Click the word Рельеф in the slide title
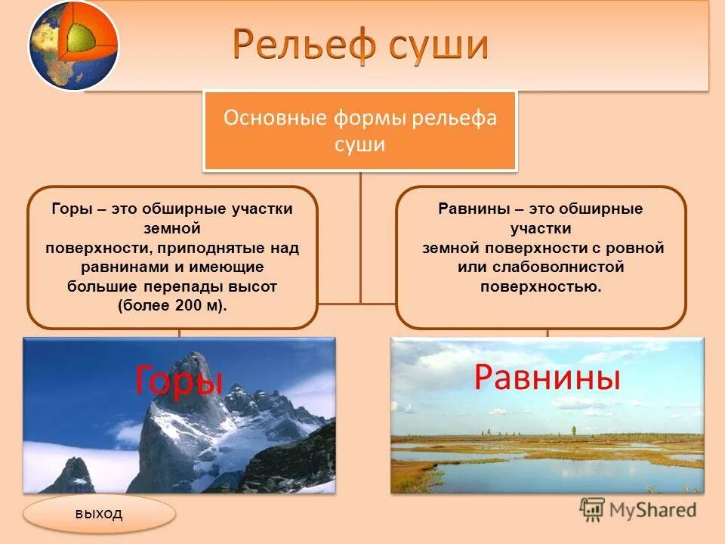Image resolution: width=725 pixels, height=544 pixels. pyautogui.click(x=304, y=44)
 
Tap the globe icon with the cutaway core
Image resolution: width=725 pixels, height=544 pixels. pyautogui.click(x=73, y=45)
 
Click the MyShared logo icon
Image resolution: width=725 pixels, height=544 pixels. pyautogui.click(x=592, y=510)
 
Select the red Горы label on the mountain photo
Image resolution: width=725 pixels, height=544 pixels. pyautogui.click(x=179, y=380)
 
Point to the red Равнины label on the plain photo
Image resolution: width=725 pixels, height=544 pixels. pyautogui.click(x=547, y=376)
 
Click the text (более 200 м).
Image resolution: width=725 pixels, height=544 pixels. pyautogui.click(x=172, y=306)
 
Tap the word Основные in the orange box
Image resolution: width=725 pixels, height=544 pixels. pyautogui.click(x=275, y=118)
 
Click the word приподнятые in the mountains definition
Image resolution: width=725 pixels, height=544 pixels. pyautogui.click(x=211, y=249)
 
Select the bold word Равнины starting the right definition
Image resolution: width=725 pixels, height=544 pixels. pyautogui.click(x=474, y=209)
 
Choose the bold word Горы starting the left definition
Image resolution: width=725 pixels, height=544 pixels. pyautogui.click(x=72, y=209)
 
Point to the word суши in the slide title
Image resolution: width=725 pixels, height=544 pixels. pyautogui.click(x=438, y=45)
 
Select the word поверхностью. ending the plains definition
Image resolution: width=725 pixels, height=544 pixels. pyautogui.click(x=541, y=287)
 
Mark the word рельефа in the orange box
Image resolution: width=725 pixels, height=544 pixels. pyautogui.click(x=454, y=119)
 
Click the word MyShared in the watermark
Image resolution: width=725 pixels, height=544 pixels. pyautogui.click(x=652, y=510)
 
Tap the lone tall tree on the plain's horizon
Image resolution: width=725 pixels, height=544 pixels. pyautogui.click(x=574, y=431)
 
